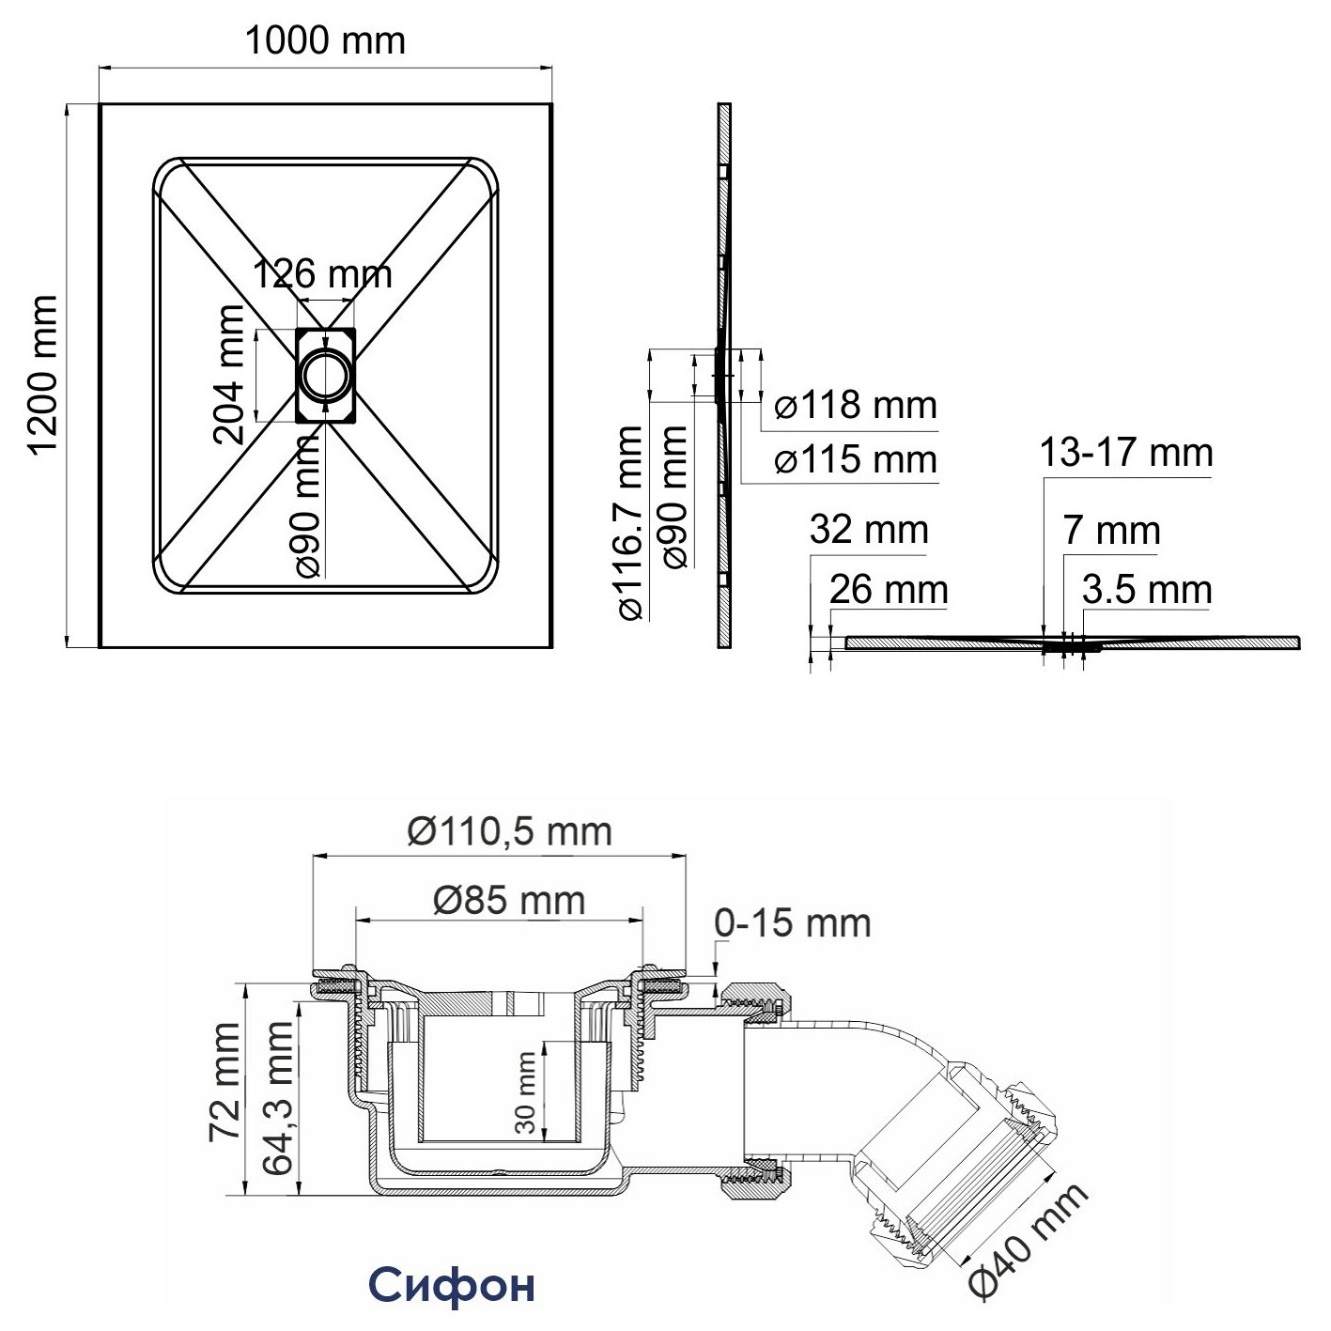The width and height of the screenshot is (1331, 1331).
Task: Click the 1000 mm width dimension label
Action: (x=325, y=41)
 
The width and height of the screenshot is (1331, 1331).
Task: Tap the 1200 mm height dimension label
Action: (x=43, y=375)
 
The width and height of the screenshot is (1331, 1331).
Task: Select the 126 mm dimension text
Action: (x=323, y=274)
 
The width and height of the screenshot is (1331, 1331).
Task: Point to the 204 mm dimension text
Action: (x=229, y=375)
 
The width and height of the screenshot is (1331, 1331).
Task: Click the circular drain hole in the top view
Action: (x=325, y=375)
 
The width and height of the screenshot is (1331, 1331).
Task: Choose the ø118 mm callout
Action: (x=856, y=405)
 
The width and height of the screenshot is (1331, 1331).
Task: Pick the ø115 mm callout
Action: (x=856, y=459)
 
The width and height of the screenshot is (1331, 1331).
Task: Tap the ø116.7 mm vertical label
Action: (x=630, y=522)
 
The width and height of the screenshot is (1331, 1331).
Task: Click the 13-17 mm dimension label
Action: (x=1126, y=453)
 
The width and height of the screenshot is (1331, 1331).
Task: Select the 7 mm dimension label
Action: (x=1111, y=531)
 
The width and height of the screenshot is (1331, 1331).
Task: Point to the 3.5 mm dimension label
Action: (x=1147, y=590)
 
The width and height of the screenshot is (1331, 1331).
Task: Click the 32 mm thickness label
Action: (x=869, y=530)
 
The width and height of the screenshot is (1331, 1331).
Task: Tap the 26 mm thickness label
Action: (x=889, y=590)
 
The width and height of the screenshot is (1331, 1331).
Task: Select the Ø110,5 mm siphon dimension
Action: (x=510, y=831)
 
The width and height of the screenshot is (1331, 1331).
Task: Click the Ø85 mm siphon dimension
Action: (x=510, y=901)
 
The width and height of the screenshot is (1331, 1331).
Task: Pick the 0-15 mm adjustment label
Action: (x=793, y=923)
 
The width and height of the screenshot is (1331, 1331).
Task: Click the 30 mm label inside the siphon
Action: (x=526, y=1092)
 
